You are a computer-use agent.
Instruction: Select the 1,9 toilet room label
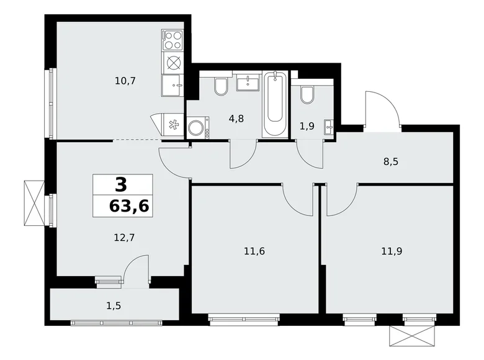tap(307, 127)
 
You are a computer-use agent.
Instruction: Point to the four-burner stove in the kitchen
tap(172, 41)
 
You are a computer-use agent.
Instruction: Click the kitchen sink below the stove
tap(172, 85)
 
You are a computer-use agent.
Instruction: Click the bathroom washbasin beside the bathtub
tap(248, 83)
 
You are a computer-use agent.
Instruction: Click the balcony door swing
tap(136, 268)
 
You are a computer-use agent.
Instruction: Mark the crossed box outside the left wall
tap(32, 204)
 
